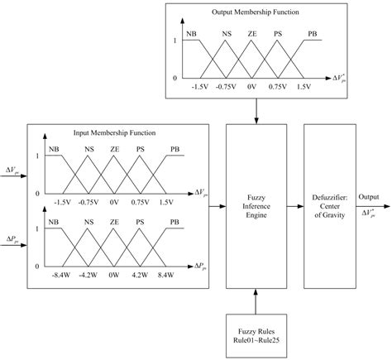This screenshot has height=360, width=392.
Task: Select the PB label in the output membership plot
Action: (311, 34)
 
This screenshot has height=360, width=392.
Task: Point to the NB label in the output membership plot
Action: (192, 34)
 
